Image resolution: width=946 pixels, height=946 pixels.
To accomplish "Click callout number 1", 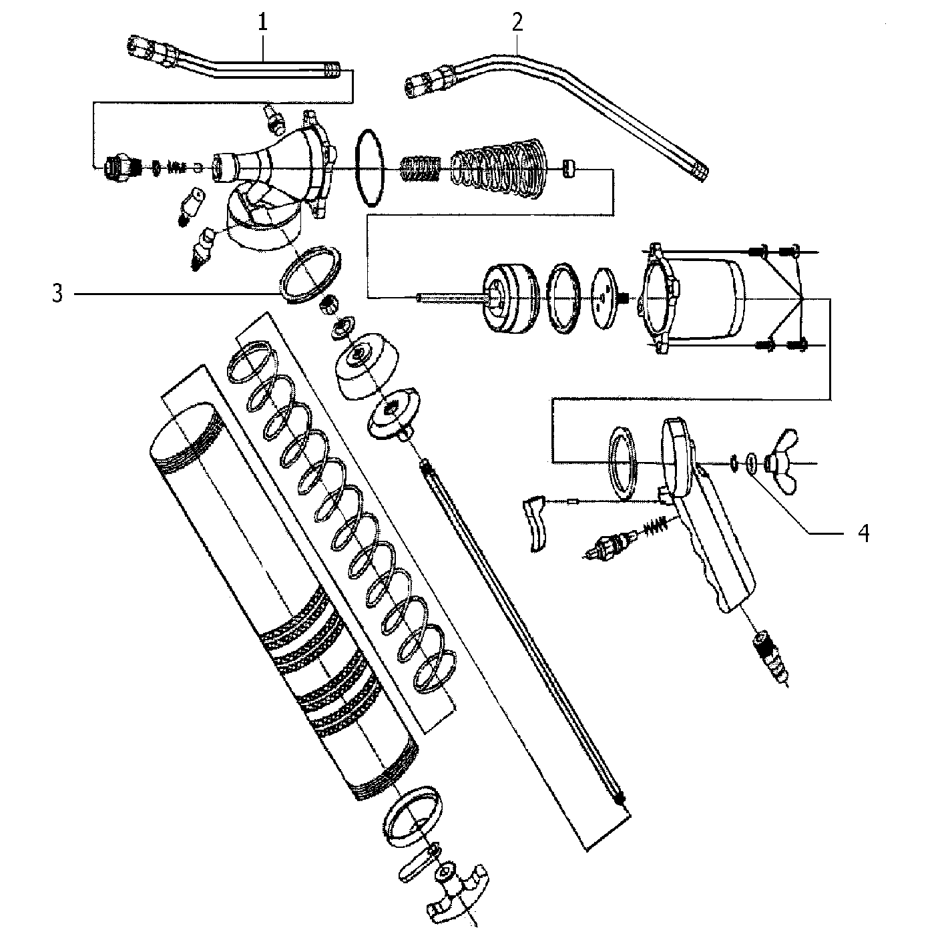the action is (x=262, y=23).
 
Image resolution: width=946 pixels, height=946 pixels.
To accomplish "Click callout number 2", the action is (x=517, y=23).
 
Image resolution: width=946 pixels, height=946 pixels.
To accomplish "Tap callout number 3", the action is (x=58, y=294).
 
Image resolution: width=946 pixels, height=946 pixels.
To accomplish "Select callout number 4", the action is (x=863, y=533).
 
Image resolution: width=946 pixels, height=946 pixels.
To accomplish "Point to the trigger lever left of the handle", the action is (x=535, y=523).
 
